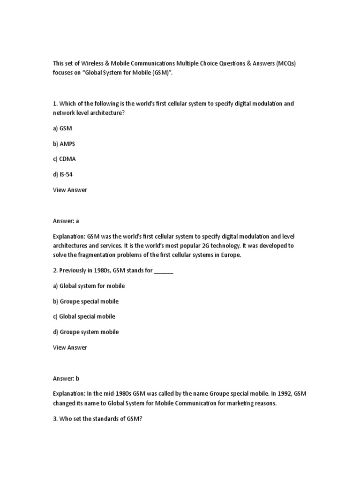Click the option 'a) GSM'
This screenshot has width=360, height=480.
[63, 128]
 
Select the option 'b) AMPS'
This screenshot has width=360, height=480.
[64, 144]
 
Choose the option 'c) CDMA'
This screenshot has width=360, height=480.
[65, 159]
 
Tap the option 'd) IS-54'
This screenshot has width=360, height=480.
[63, 175]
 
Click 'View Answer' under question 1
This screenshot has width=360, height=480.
[70, 190]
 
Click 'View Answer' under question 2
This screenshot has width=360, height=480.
[70, 347]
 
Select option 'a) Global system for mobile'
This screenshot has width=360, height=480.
[89, 286]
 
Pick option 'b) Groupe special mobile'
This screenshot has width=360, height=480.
[86, 301]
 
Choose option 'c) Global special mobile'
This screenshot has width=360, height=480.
[84, 316]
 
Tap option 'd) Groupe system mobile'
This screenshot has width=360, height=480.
[86, 332]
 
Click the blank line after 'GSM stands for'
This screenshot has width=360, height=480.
[164, 271]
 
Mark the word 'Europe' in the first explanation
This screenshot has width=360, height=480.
[230, 255]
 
